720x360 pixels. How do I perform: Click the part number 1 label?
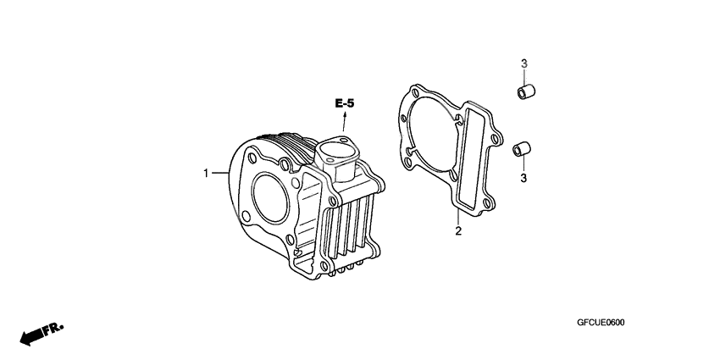[205, 174]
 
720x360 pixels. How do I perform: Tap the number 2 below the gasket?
[458, 231]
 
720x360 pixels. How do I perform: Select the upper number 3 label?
[523, 64]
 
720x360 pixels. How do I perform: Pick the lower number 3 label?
[523, 178]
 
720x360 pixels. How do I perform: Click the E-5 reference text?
[345, 103]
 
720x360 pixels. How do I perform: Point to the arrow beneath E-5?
[345, 120]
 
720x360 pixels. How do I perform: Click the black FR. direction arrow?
[34, 335]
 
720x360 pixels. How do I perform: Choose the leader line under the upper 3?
[523, 75]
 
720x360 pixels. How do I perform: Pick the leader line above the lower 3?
[523, 165]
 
